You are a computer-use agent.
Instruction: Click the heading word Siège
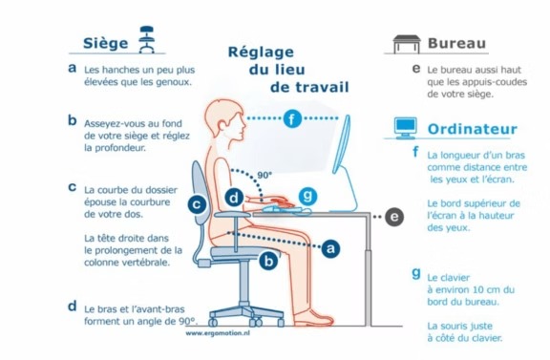pos(106,44)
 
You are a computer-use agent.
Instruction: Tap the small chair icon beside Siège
pos(147,39)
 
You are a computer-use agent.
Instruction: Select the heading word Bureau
pos(456,43)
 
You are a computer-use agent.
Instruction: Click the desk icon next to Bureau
pos(407,44)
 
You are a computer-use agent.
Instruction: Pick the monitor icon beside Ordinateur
pos(406,128)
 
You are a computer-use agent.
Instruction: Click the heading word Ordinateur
pos(472,129)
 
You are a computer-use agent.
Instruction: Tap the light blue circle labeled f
pos(292,118)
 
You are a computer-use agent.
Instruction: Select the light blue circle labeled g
pos(307,196)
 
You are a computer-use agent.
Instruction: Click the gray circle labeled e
pos(394,217)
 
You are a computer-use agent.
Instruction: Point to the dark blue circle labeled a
pos(330,248)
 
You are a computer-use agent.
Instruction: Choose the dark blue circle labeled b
pos(268,261)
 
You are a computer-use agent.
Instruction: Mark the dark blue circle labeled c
pos(197,204)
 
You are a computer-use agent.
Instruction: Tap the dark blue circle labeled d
pos(234,199)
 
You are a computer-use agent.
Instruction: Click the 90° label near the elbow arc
pos(264,175)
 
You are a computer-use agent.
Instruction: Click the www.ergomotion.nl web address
pos(218,333)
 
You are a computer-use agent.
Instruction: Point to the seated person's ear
pos(222,127)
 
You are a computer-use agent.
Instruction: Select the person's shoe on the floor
pos(313,318)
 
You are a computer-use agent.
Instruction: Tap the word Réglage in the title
pos(261,53)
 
